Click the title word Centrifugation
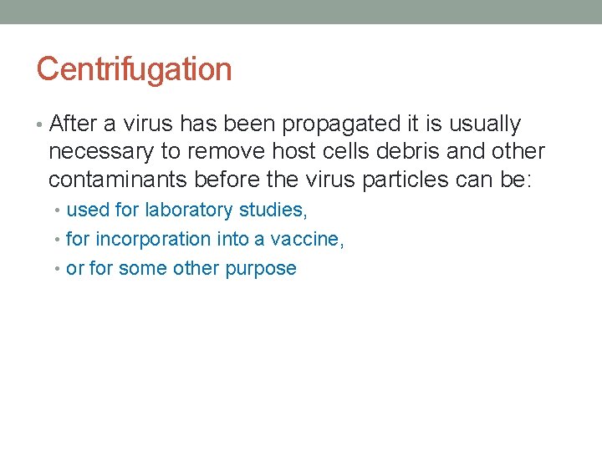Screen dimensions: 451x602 134,69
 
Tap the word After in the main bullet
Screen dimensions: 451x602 74,124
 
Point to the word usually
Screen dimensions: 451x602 485,124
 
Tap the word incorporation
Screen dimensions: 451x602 153,239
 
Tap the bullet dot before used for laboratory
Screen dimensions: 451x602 59,210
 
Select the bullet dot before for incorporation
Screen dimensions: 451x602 59,240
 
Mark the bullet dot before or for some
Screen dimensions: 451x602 59,269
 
